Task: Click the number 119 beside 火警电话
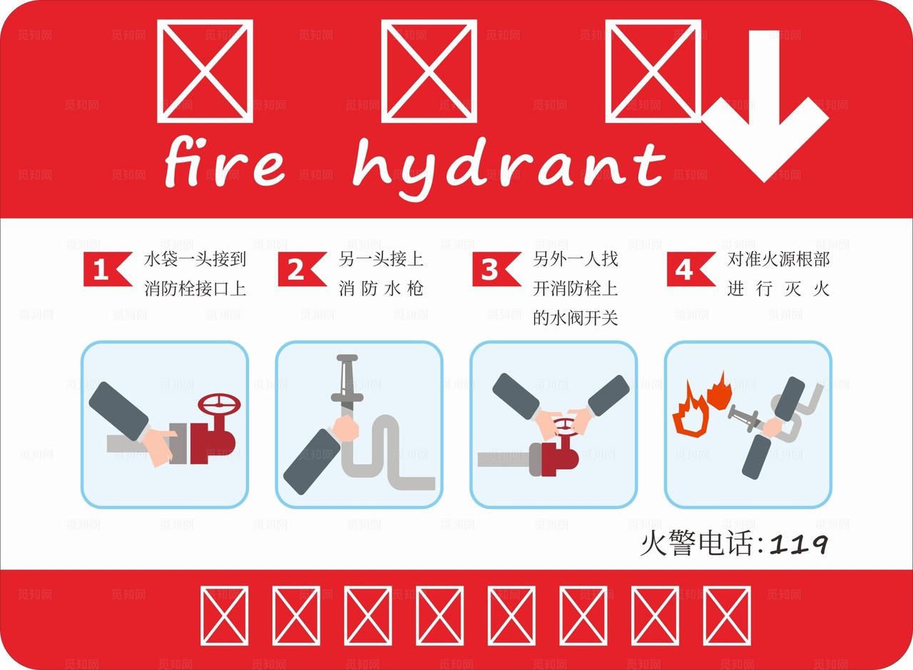(799, 545)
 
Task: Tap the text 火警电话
(697, 545)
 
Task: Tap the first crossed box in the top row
(205, 70)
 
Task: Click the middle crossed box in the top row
(429, 70)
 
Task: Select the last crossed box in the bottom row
(726, 616)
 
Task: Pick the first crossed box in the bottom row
(224, 616)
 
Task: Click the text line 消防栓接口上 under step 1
(195, 289)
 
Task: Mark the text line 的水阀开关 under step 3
(575, 318)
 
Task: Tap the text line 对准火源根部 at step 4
(778, 259)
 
